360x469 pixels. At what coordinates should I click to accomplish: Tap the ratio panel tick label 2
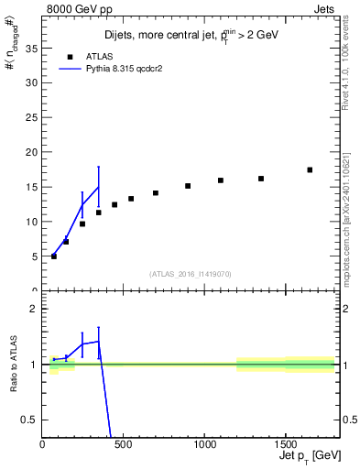(33, 309)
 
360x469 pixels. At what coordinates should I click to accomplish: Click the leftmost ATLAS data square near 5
(54, 256)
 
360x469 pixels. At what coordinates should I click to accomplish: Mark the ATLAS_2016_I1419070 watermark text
(191, 273)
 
